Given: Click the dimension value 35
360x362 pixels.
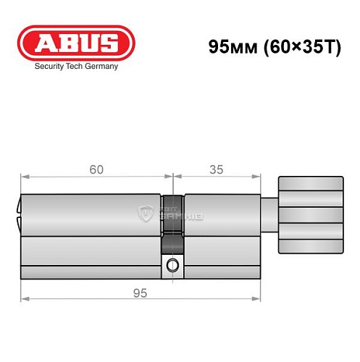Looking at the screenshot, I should [x=216, y=169].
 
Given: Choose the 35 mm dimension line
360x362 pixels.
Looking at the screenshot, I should [x=216, y=177].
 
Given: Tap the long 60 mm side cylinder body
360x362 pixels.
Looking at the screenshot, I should [x=91, y=235].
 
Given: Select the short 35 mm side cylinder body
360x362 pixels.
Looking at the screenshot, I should [x=221, y=235].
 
